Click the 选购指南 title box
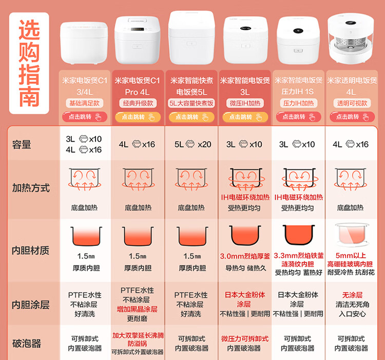(x=29, y=63)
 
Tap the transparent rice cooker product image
(x=351, y=38)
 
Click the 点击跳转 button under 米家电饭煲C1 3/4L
(x=85, y=117)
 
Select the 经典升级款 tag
(x=138, y=103)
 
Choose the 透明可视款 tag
(x=352, y=103)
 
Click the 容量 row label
(x=22, y=144)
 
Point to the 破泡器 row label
(x=27, y=343)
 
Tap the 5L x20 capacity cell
(x=192, y=144)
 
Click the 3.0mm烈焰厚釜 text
(x=245, y=256)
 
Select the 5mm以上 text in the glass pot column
(x=351, y=256)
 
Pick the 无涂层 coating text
(x=352, y=295)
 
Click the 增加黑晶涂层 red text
(x=137, y=309)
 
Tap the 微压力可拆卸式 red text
(x=245, y=339)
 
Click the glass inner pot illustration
(x=352, y=235)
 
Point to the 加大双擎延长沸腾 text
(x=138, y=335)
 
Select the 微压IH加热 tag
(x=245, y=103)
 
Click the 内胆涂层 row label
(x=31, y=305)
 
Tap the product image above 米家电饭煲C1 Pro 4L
(x=137, y=40)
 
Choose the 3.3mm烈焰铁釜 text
(x=299, y=256)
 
